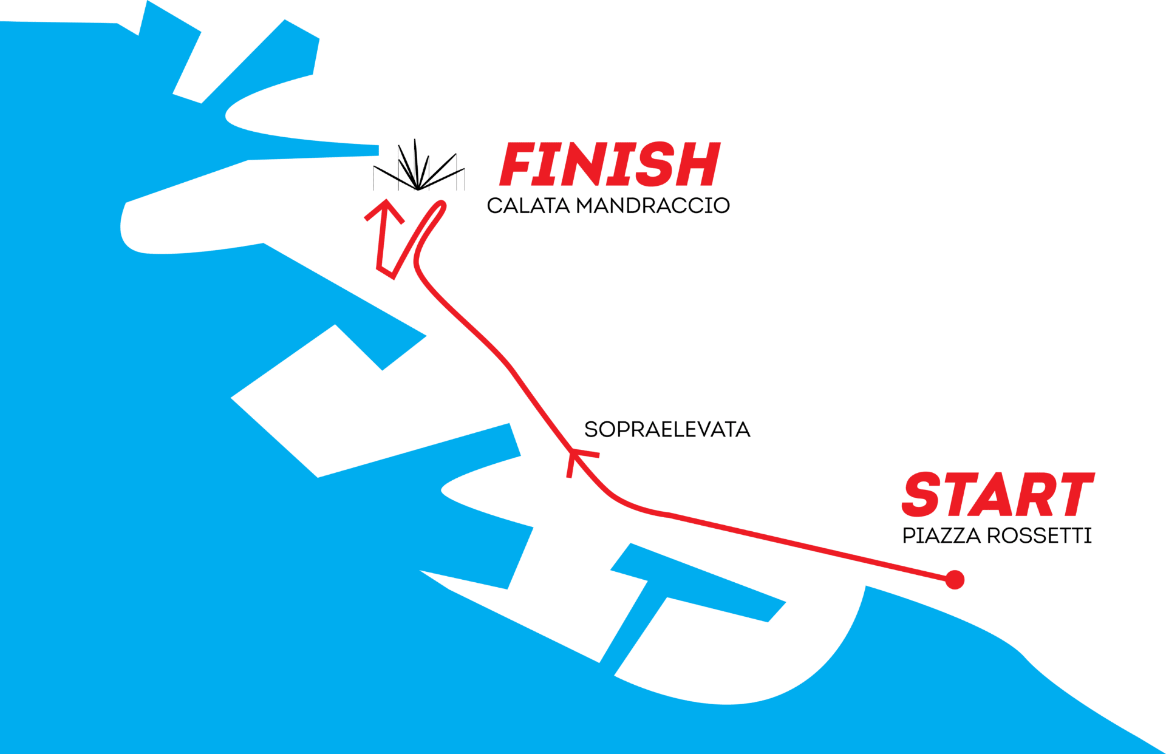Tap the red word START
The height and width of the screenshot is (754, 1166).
pyautogui.click(x=997, y=495)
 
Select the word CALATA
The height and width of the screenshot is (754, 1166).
pyautogui.click(x=528, y=206)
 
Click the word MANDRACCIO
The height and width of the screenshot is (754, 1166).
pyautogui.click(x=653, y=206)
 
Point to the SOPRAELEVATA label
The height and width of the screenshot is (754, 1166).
pyautogui.click(x=667, y=430)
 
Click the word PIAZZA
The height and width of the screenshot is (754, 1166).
pyautogui.click(x=941, y=536)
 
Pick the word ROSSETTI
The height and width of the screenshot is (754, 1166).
pyautogui.click(x=1039, y=536)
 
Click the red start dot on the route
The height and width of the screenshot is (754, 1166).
pyautogui.click(x=955, y=579)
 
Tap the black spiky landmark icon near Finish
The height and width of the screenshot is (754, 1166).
pyautogui.click(x=418, y=167)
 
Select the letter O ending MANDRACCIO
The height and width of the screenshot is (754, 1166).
pyautogui.click(x=721, y=206)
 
